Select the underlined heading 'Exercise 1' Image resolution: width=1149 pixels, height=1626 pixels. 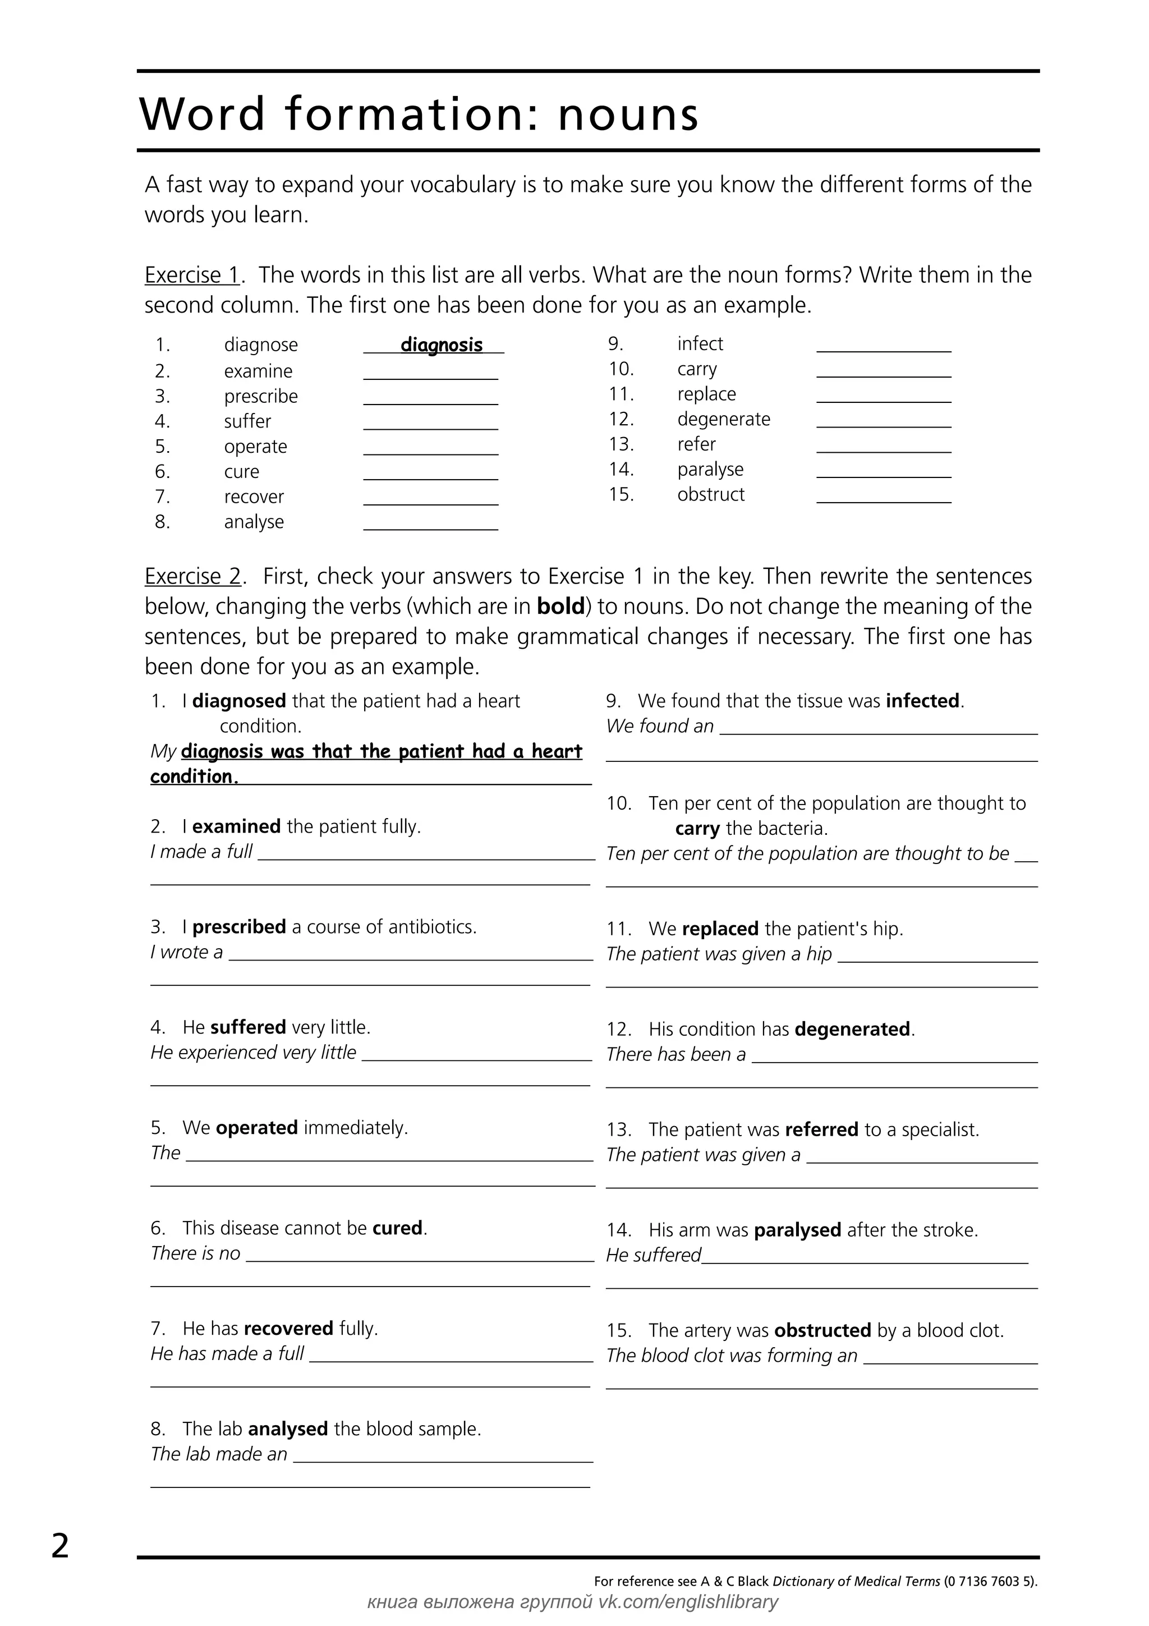[x=192, y=275]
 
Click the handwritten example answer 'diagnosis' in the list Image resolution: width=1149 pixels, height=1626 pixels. [x=441, y=345]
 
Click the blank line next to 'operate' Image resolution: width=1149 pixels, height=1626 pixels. [x=430, y=453]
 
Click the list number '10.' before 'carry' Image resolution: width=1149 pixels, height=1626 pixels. [x=621, y=369]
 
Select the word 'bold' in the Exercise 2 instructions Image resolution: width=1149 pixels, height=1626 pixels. [x=560, y=607]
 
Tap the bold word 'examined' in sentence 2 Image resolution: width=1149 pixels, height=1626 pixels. [x=236, y=826]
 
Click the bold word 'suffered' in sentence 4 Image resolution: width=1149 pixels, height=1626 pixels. [x=248, y=1027]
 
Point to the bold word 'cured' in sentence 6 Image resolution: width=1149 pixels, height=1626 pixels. [x=397, y=1228]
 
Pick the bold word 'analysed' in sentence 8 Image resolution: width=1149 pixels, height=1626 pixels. [x=287, y=1429]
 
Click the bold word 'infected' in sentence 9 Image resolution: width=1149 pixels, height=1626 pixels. [x=922, y=701]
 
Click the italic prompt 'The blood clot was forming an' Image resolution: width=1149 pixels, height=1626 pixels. [x=732, y=1356]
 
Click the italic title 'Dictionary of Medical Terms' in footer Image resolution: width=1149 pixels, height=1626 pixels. [x=856, y=1581]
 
